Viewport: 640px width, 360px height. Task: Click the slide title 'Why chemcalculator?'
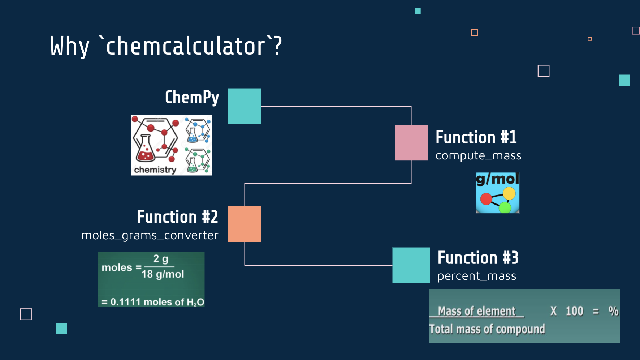[x=166, y=46]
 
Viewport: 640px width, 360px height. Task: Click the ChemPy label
[x=192, y=97]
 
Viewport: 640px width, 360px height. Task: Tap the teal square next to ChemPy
[x=245, y=106]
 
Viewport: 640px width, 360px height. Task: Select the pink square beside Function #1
[x=411, y=142]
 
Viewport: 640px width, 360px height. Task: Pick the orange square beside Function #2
[x=245, y=224]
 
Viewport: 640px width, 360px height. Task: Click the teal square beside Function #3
[x=411, y=265]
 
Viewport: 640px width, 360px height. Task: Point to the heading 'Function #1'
[x=476, y=137]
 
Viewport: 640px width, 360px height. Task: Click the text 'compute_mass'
[x=478, y=156]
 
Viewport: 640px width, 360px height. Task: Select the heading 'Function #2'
[x=177, y=217]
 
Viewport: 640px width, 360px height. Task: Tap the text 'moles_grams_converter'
[x=150, y=236]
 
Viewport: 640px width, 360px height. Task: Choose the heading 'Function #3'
[x=478, y=258]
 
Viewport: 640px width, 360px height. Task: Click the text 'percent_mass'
[x=477, y=276]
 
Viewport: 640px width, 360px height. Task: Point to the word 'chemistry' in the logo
[x=155, y=170]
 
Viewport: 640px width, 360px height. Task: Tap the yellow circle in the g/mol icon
[x=509, y=193]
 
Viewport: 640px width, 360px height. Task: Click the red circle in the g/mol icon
[x=486, y=199]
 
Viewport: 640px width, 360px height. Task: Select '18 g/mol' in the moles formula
[x=163, y=274]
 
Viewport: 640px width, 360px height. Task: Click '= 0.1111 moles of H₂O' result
[x=153, y=302]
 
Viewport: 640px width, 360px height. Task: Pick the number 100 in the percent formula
[x=574, y=311]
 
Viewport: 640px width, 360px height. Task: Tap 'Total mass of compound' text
[x=487, y=329]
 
